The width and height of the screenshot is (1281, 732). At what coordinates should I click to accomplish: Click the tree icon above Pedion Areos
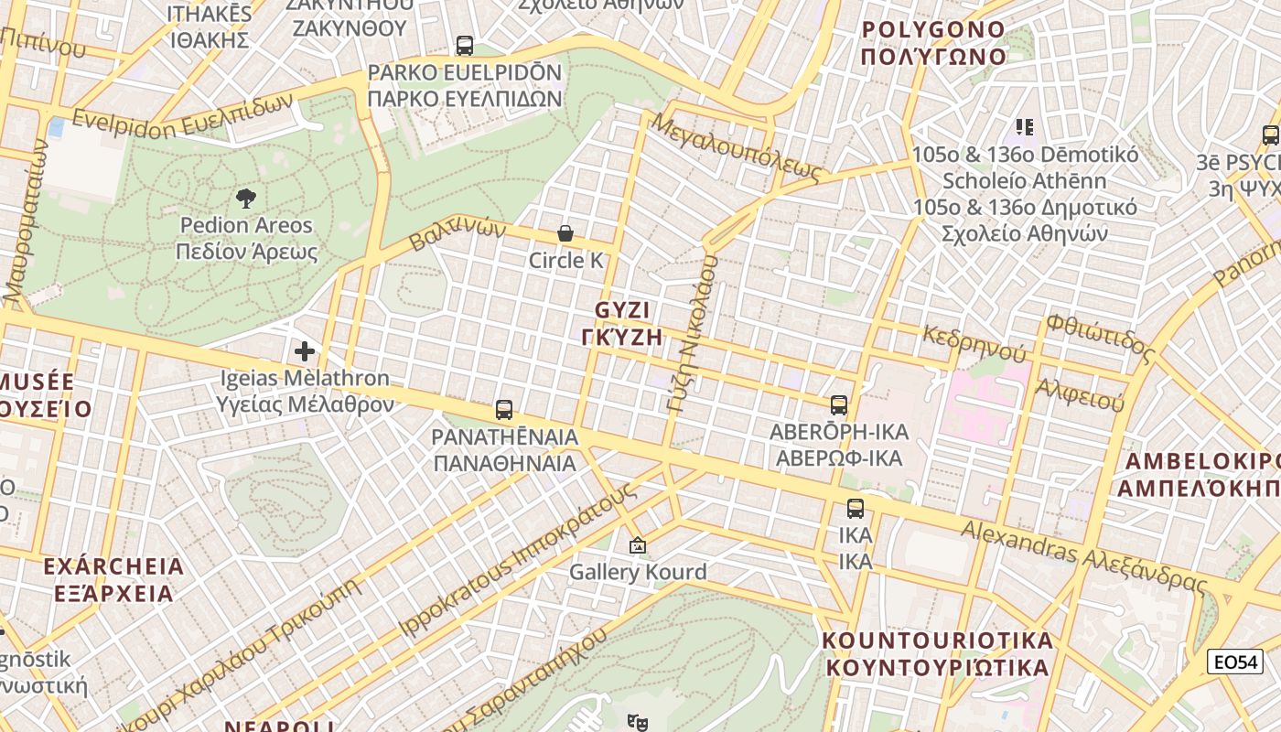tap(245, 198)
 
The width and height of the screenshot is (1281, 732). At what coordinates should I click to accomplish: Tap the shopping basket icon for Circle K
tap(565, 233)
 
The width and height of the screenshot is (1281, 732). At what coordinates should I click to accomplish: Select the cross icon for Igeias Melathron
tap(305, 350)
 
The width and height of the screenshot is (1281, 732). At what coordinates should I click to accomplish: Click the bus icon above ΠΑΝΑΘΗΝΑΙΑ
tap(503, 409)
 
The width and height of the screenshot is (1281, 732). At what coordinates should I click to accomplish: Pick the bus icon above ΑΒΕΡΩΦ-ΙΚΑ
tap(838, 404)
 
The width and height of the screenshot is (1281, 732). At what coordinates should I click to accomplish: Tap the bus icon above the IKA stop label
tap(855, 509)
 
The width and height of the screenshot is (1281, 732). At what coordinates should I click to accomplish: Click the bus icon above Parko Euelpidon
tap(465, 45)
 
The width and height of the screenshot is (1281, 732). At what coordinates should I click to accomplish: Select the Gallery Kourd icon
tap(638, 546)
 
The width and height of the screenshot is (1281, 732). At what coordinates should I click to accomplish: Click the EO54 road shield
tap(1234, 662)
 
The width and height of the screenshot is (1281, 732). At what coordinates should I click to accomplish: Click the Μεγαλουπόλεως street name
tap(737, 146)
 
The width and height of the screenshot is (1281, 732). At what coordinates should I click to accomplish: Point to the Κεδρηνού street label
tap(974, 341)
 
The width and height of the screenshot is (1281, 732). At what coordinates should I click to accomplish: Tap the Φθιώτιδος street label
tap(1100, 335)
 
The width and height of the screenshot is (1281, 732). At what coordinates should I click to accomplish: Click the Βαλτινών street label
tap(457, 233)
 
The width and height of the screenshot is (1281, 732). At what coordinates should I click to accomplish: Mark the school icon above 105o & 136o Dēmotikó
tap(1024, 126)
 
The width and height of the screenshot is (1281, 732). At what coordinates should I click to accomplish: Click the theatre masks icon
tap(638, 722)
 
